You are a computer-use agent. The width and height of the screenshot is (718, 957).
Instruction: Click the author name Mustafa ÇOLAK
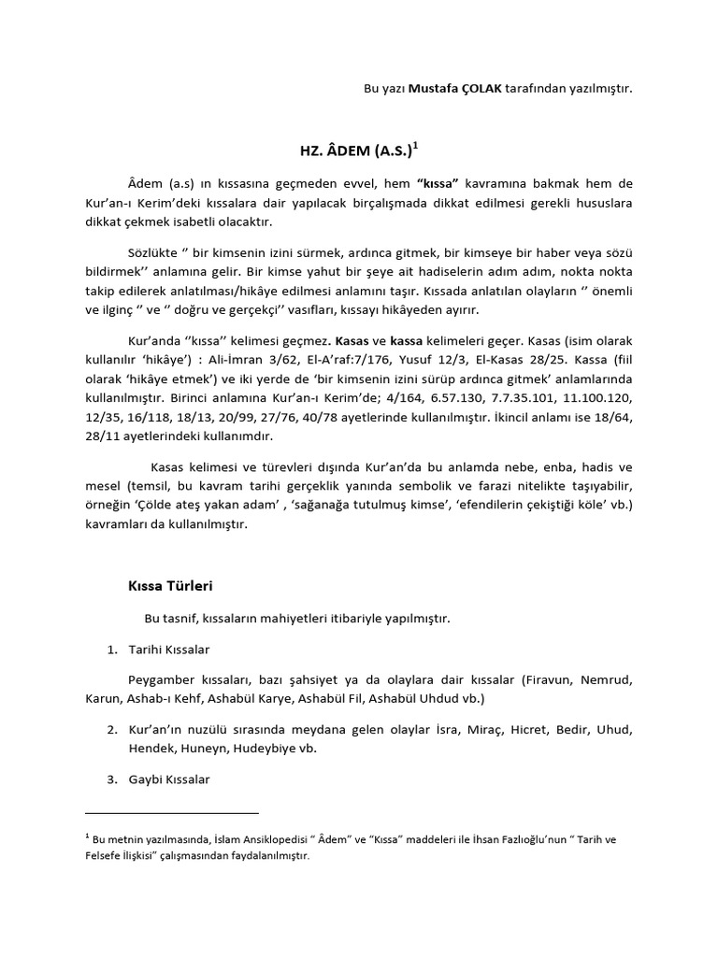tap(455, 89)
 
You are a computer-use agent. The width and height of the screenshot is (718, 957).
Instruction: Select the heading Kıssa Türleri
tap(170, 587)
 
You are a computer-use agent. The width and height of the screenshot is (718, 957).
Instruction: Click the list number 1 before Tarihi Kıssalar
tap(110, 649)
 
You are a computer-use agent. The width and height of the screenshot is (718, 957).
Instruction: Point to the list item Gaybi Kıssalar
tap(170, 778)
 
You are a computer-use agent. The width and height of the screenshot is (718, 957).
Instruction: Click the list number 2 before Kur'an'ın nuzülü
tap(110, 729)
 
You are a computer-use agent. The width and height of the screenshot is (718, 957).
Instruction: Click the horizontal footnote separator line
tap(171, 813)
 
